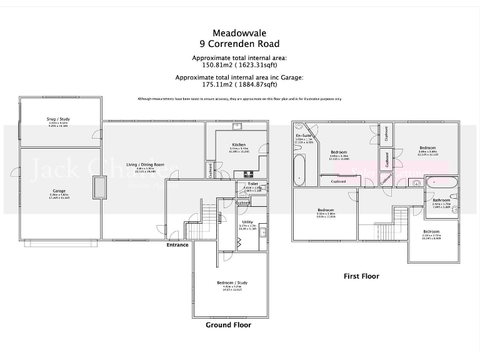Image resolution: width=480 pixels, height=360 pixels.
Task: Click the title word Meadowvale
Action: tap(239, 32)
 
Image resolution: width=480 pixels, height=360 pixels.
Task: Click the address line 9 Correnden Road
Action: tap(239, 44)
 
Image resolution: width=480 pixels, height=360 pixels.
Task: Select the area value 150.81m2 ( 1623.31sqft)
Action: tap(239, 64)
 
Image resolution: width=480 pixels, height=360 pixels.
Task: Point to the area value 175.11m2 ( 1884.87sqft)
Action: tap(239, 84)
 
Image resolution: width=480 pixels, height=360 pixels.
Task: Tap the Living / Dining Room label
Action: tap(145, 164)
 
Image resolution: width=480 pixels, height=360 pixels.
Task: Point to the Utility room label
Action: tap(247, 222)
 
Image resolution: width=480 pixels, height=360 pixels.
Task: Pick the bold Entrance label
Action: tap(177, 245)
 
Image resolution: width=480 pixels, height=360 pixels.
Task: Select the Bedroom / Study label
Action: tap(232, 282)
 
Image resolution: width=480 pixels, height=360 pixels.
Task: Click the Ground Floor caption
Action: tap(229, 325)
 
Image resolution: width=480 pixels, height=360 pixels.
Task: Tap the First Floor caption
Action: tap(361, 276)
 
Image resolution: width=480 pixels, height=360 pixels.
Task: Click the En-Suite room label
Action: tap(303, 135)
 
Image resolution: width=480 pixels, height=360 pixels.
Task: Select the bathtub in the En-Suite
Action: tap(299, 171)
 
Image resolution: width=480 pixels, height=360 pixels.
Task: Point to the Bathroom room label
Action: tap(441, 200)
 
